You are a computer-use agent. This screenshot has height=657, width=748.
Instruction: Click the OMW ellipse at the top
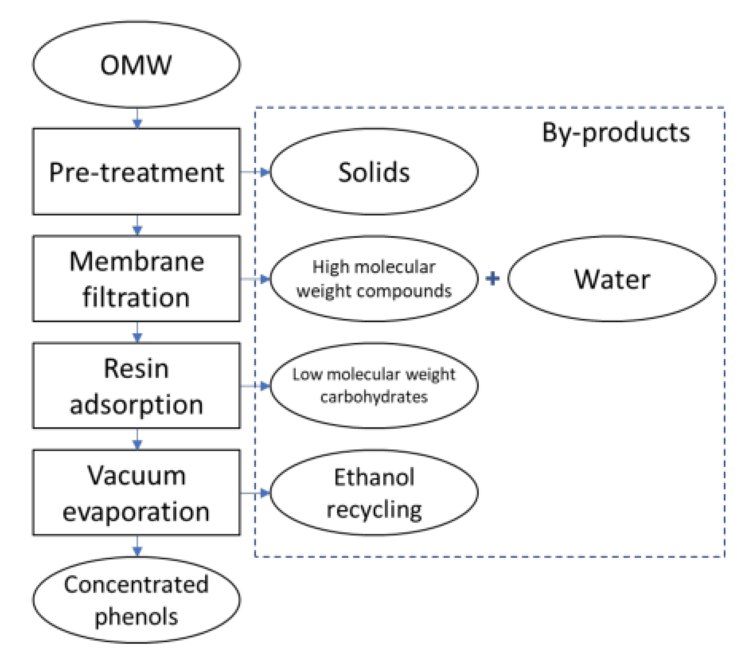[x=136, y=64]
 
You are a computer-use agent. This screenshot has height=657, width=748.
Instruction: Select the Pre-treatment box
[x=136, y=171]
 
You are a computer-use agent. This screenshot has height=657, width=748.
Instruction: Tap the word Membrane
[x=136, y=261]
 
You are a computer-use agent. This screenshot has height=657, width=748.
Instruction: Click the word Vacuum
[x=136, y=475]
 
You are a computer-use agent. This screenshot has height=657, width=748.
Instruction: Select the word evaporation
[x=136, y=512]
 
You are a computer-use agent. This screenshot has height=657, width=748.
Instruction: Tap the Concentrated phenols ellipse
[x=136, y=600]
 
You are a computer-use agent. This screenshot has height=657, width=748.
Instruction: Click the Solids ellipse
[x=374, y=171]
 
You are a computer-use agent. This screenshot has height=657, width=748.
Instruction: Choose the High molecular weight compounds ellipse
[x=374, y=279]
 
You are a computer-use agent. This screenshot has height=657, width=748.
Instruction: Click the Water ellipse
[x=612, y=279]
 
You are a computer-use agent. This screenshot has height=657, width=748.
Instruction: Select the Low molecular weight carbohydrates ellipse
[x=374, y=386]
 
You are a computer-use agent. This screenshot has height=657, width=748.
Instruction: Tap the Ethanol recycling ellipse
[x=374, y=493]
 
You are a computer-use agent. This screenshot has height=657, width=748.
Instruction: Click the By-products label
[x=615, y=132]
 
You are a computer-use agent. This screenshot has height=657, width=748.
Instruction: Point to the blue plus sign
[x=492, y=278]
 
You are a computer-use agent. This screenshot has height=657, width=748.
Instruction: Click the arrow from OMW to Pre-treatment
[x=137, y=119]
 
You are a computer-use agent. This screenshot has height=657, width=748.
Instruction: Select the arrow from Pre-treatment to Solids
[x=255, y=171]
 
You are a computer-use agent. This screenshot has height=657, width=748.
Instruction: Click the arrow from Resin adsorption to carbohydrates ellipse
[x=255, y=386]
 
